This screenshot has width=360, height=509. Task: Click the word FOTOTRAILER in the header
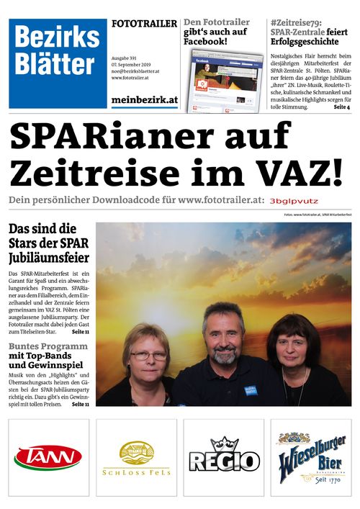pyautogui.click(x=144, y=24)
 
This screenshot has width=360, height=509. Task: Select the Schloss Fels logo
pyautogui.click(x=136, y=458)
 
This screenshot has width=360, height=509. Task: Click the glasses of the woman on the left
pyautogui.click(x=148, y=356)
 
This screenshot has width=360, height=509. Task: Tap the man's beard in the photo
pyautogui.click(x=224, y=354)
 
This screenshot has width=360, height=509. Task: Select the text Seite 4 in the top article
pyautogui.click(x=341, y=107)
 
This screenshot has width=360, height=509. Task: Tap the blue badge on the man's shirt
pyautogui.click(x=249, y=389)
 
